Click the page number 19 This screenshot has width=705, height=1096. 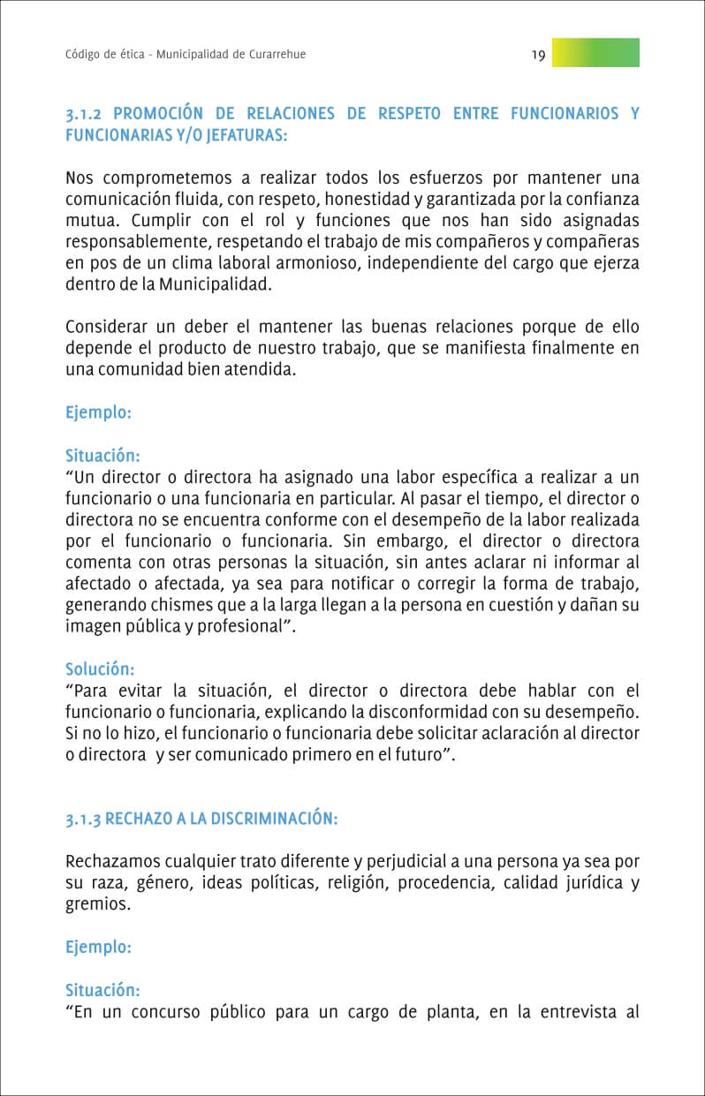pyautogui.click(x=538, y=55)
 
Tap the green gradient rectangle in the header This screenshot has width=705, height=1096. pyautogui.click(x=595, y=53)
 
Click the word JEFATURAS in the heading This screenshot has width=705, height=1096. pyautogui.click(x=243, y=135)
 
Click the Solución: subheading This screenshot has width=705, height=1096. pyautogui.click(x=100, y=669)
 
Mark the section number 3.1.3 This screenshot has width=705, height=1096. pyautogui.click(x=84, y=819)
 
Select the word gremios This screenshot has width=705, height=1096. pyautogui.click(x=97, y=904)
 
